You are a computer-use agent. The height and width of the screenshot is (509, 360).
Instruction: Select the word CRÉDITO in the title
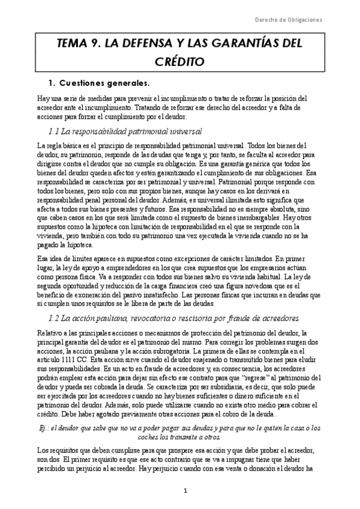pyautogui.click(x=180, y=61)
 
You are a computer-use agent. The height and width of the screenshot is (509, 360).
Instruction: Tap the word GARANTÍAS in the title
pyautogui.click(x=248, y=44)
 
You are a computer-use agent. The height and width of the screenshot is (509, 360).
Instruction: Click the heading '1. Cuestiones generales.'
pyautogui.click(x=98, y=82)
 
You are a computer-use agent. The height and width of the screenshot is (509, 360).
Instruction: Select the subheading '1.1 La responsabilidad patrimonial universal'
pyautogui.click(x=124, y=131)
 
